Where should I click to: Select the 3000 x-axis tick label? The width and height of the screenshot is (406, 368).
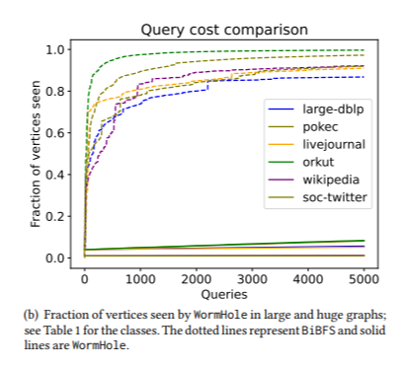[x=252, y=278]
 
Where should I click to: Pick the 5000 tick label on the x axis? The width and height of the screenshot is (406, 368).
[x=364, y=278]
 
